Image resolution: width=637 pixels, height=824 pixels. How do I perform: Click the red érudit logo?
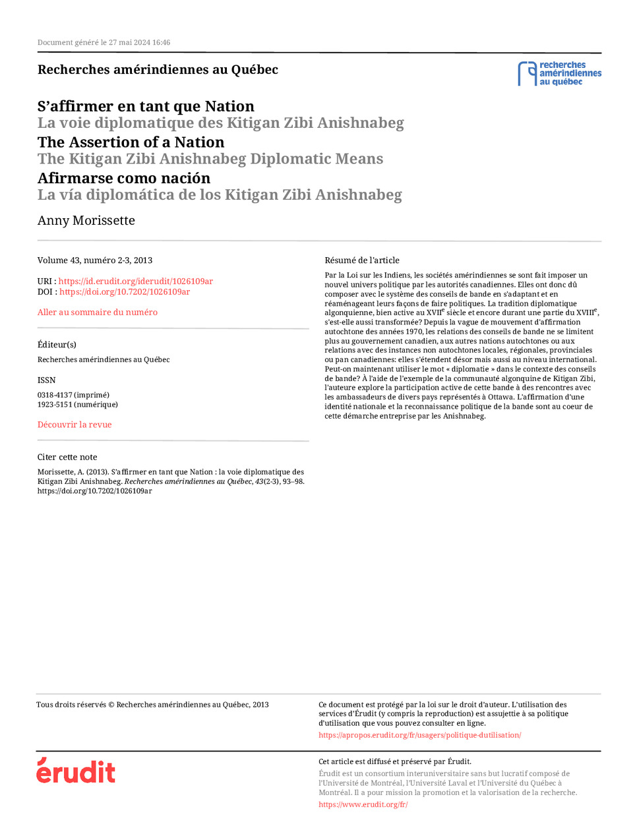76,771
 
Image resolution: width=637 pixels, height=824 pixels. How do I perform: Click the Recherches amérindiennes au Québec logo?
559,74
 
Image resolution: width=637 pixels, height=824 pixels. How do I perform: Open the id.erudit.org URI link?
135,281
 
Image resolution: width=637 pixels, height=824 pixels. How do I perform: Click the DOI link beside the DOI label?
125,292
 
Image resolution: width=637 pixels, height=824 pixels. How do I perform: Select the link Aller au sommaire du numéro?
97,312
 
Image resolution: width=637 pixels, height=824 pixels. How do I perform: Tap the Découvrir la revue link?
75,425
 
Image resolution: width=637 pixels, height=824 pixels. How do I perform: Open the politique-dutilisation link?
419,735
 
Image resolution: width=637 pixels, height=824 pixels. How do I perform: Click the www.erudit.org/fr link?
363,804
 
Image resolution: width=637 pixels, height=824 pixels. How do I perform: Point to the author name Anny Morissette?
86,221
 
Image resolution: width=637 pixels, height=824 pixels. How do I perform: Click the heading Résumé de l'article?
361,260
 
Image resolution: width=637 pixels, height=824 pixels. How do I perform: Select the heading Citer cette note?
67,457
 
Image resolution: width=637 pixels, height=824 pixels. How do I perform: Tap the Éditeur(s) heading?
57,345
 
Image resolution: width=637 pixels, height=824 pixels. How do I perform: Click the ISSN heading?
46,380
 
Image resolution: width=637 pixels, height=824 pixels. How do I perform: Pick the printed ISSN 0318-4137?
73,396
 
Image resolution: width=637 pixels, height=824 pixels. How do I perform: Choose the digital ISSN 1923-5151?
77,405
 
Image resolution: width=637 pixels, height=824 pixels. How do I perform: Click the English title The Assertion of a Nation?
131,142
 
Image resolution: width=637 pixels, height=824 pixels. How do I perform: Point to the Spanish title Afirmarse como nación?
123,179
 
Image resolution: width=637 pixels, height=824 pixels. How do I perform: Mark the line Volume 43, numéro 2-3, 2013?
94,260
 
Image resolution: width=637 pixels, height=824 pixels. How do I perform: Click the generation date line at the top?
104,43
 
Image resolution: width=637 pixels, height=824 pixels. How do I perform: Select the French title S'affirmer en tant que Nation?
145,107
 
